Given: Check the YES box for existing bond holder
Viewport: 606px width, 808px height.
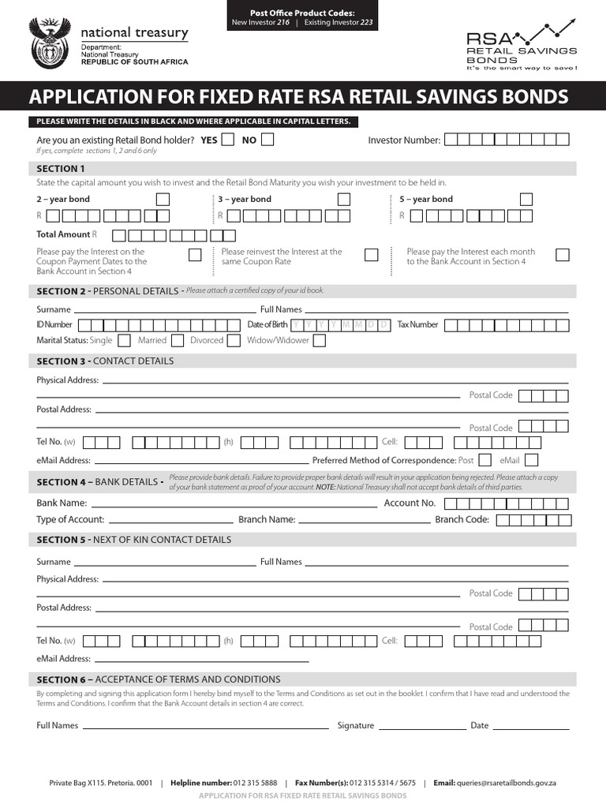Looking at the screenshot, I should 227,140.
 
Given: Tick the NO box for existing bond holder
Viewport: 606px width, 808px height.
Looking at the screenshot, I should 267,140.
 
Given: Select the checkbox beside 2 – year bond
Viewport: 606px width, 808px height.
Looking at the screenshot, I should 163,199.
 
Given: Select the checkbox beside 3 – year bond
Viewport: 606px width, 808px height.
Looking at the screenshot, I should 344,199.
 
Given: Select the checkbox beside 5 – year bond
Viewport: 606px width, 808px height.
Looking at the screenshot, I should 526,199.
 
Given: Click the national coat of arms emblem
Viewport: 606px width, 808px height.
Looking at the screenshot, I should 50,43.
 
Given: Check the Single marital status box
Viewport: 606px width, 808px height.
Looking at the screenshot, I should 124,340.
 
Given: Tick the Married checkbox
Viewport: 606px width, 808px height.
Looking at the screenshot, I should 177,340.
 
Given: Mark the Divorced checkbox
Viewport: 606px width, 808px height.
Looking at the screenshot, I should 234,340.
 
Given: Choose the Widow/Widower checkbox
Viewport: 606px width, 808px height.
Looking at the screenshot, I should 320,340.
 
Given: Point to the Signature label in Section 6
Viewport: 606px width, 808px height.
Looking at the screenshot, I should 356,726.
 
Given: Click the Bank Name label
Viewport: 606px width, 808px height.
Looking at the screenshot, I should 62,503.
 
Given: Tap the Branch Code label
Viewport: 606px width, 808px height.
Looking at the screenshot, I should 462,520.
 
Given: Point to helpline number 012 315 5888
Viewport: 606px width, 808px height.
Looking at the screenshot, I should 254,783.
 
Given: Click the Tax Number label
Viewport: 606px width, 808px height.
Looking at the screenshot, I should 417,324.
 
